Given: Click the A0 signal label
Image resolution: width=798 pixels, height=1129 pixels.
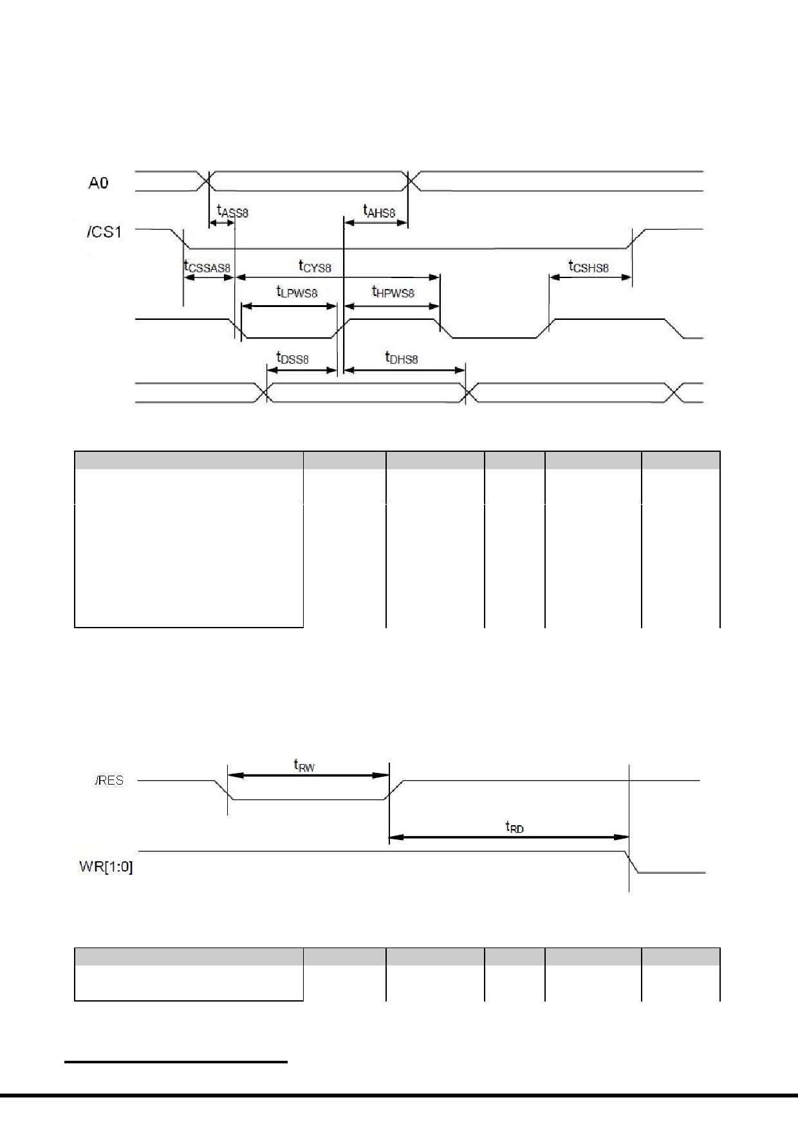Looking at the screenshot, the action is (x=98, y=183).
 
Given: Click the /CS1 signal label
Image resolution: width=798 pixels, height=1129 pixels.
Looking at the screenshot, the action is (x=104, y=232).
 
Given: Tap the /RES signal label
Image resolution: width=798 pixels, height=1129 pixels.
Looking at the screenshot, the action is (x=109, y=781).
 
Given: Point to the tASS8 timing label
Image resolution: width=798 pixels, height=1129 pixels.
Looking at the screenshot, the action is (x=232, y=210).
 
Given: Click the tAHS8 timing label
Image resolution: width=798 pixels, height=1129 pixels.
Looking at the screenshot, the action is (x=379, y=210).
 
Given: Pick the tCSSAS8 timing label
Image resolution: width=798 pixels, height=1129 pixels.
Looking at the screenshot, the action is (x=207, y=266).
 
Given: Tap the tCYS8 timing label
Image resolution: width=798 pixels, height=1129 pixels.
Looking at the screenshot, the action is (x=315, y=265).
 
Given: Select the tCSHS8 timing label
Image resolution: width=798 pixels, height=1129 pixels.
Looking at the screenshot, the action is (x=588, y=266).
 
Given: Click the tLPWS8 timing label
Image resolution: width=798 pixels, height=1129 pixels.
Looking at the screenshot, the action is (x=297, y=292).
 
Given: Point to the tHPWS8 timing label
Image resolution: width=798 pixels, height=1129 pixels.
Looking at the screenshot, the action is (x=393, y=292).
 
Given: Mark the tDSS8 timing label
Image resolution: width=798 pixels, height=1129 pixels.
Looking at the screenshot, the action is (x=292, y=358).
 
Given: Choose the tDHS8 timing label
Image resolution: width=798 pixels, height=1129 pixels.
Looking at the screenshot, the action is (x=402, y=358).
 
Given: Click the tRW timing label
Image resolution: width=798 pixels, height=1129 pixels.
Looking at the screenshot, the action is (x=304, y=765).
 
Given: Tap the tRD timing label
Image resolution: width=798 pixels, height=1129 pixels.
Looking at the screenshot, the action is (x=515, y=827).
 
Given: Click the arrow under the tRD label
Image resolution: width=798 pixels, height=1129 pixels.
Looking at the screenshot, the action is (x=509, y=837).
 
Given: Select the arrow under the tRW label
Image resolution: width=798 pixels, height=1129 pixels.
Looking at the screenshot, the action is (x=308, y=776).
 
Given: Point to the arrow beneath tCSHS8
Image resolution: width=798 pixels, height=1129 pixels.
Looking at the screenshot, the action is (x=590, y=277).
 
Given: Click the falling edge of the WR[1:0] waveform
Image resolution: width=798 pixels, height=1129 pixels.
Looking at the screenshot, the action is (x=633, y=862).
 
